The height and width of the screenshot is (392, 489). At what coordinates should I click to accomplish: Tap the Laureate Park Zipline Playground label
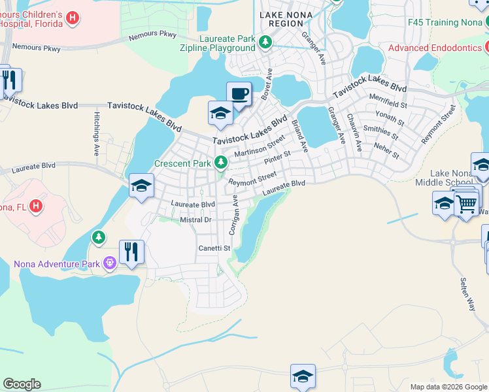click(218, 43)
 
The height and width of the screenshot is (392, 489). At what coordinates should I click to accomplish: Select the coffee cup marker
click(239, 93)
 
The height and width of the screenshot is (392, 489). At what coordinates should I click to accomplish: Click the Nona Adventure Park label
click(57, 264)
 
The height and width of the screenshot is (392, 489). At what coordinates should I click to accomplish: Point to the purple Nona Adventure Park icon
click(109, 264)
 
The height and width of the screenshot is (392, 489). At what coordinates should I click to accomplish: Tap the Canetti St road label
click(215, 248)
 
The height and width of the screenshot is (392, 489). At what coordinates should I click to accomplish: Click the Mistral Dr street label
click(195, 220)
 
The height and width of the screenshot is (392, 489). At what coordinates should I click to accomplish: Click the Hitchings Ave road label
click(96, 133)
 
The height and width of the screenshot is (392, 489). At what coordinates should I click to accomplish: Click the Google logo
click(22, 384)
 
